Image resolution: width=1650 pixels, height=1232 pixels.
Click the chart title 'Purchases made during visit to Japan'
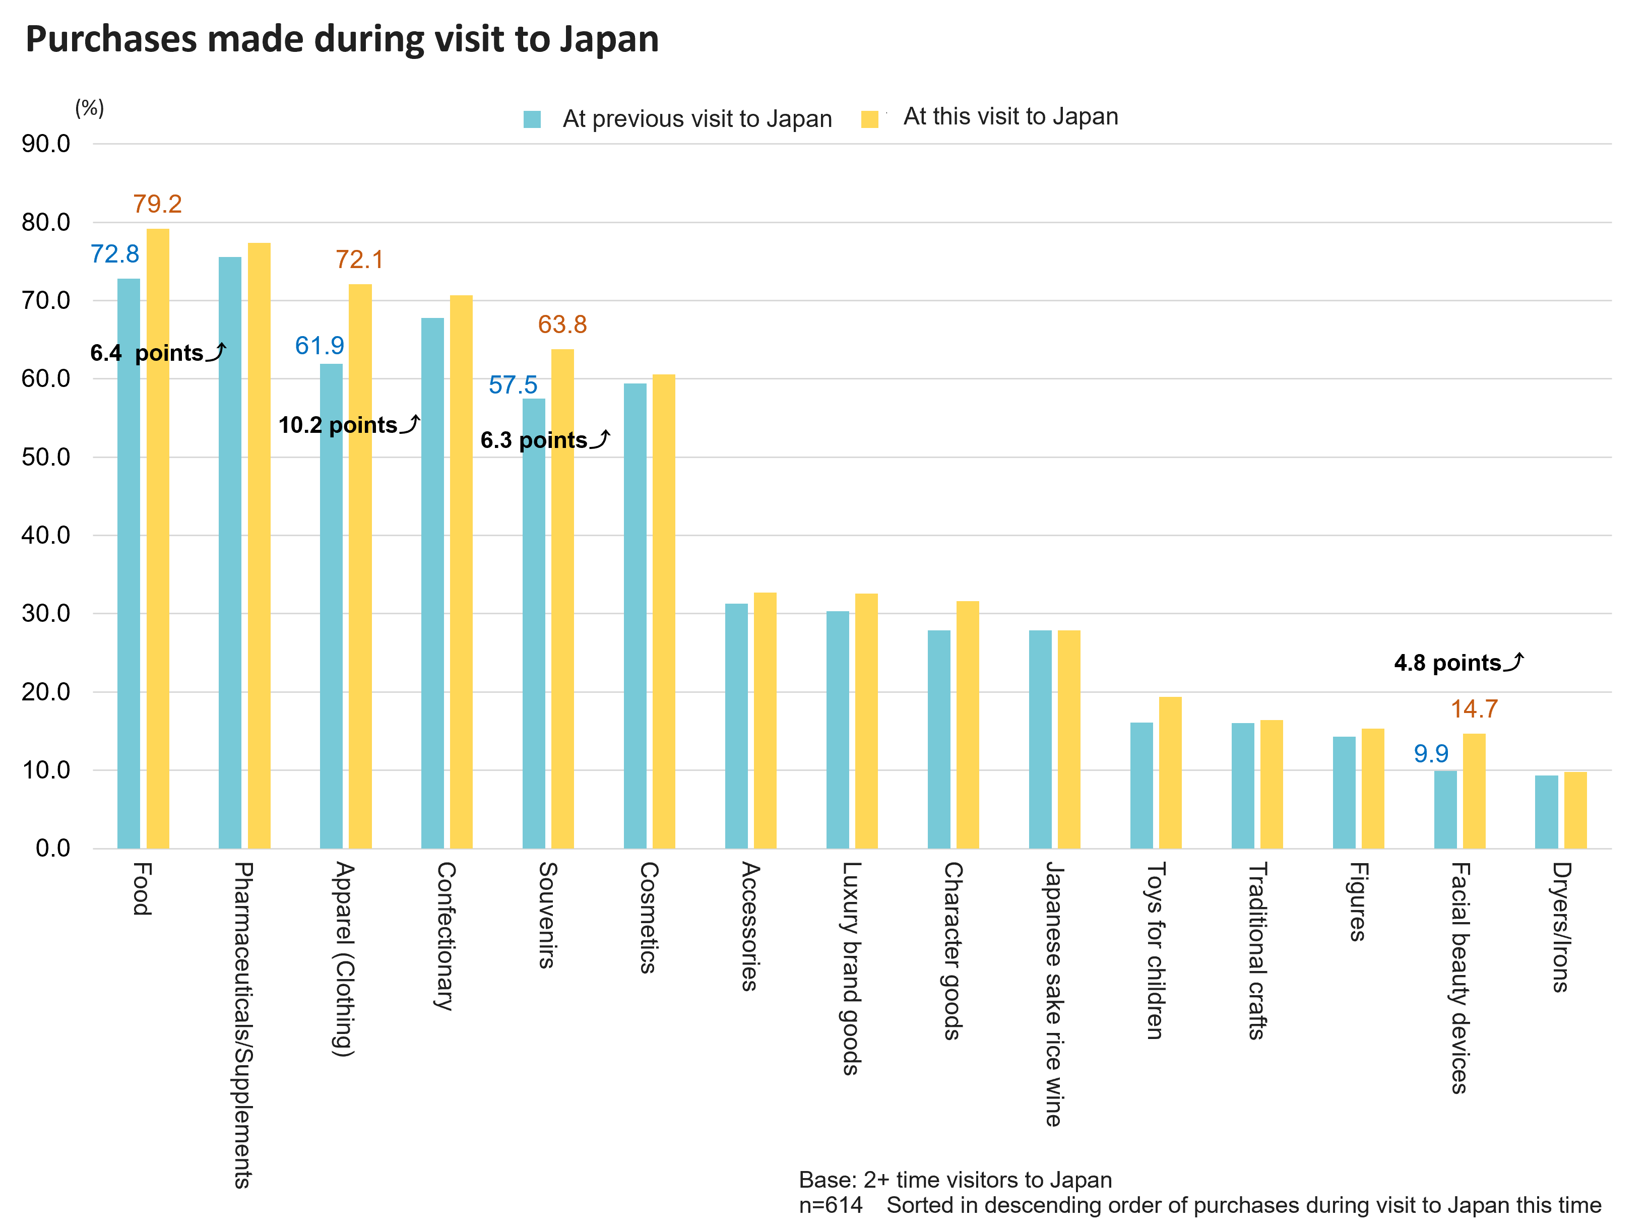[x=342, y=39]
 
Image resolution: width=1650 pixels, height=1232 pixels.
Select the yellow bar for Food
[x=157, y=537]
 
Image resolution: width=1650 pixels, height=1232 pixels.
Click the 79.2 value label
[x=157, y=204]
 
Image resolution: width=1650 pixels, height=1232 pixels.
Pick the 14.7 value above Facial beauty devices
[x=1474, y=708]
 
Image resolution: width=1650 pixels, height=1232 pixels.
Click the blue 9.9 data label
[x=1431, y=753]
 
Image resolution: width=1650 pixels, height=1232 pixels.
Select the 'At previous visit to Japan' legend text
[x=697, y=118]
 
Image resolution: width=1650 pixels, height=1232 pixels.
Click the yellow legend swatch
[x=869, y=119]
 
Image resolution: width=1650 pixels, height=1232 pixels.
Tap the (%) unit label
[x=90, y=108]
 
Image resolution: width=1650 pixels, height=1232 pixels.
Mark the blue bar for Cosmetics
[x=635, y=615]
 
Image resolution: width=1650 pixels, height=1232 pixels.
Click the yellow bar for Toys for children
[x=1170, y=772]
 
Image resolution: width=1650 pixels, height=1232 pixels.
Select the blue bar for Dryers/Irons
[x=1546, y=811]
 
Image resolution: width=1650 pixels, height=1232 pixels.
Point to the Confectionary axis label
[x=446, y=936]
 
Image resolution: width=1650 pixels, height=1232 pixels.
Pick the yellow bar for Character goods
[x=968, y=724]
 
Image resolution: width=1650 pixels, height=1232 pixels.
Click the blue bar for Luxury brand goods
[x=837, y=729]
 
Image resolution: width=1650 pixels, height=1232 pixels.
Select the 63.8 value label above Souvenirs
[x=562, y=325]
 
